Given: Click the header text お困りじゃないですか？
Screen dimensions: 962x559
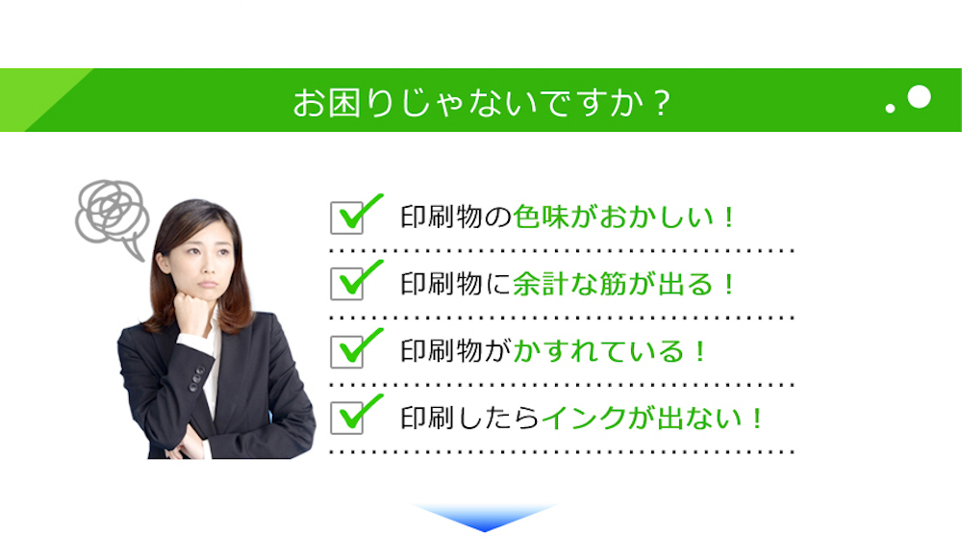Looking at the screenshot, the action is [482, 102].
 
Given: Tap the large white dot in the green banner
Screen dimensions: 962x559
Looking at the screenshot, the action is [919, 97].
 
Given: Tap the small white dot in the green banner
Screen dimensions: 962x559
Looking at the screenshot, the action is [890, 109].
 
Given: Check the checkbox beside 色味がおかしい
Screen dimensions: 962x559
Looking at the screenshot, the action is [346, 217].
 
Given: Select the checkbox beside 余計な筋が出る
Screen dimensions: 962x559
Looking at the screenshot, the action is [346, 284].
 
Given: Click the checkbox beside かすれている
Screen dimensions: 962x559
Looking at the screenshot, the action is [346, 351].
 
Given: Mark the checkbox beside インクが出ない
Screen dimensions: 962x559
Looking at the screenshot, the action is [346, 419].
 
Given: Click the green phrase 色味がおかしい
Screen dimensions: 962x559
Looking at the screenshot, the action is [614, 217].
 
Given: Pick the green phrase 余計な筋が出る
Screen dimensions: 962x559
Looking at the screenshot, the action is [613, 284].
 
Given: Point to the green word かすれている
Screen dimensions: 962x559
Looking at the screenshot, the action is [598, 351].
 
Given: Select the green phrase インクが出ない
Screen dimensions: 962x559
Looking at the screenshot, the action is [642, 419].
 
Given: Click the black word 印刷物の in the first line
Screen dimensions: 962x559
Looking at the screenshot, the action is [456, 217].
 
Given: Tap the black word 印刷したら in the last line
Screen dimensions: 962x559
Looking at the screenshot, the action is [470, 419].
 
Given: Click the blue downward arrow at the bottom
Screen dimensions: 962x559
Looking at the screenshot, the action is [484, 517].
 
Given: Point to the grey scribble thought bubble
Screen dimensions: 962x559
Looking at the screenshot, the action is [112, 216].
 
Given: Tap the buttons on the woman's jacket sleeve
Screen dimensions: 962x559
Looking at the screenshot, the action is [196, 378].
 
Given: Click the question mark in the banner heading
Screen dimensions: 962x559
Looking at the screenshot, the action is [662, 103].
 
